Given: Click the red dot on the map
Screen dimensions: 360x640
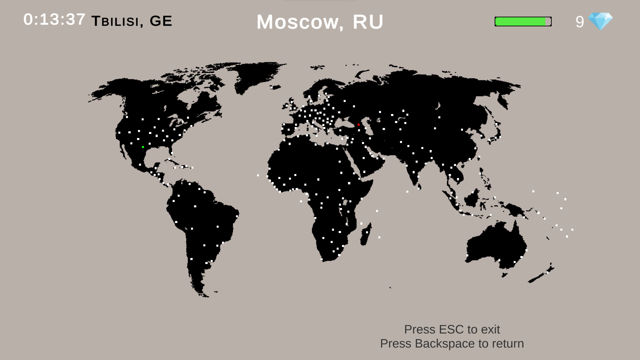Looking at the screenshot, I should click(x=359, y=125).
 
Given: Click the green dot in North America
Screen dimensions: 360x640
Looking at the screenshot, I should click(x=143, y=147).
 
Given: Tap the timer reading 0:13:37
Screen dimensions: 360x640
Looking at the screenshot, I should click(x=54, y=19).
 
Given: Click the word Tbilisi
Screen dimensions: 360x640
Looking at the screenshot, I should click(x=115, y=21).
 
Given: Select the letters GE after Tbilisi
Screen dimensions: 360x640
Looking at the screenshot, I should click(x=161, y=21).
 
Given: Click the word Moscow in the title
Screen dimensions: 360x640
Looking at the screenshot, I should click(x=297, y=22).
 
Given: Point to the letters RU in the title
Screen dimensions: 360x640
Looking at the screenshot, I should click(x=368, y=22).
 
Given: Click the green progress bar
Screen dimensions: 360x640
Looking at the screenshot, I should click(x=520, y=22).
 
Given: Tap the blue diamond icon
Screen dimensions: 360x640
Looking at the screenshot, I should click(x=600, y=21).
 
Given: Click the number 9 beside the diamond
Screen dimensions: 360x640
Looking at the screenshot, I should click(x=580, y=22).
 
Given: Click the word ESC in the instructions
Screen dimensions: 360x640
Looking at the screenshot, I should click(x=452, y=329).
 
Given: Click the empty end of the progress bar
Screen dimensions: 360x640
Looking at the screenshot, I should click(x=548, y=22).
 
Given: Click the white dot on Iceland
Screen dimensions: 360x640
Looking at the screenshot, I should click(x=272, y=88).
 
